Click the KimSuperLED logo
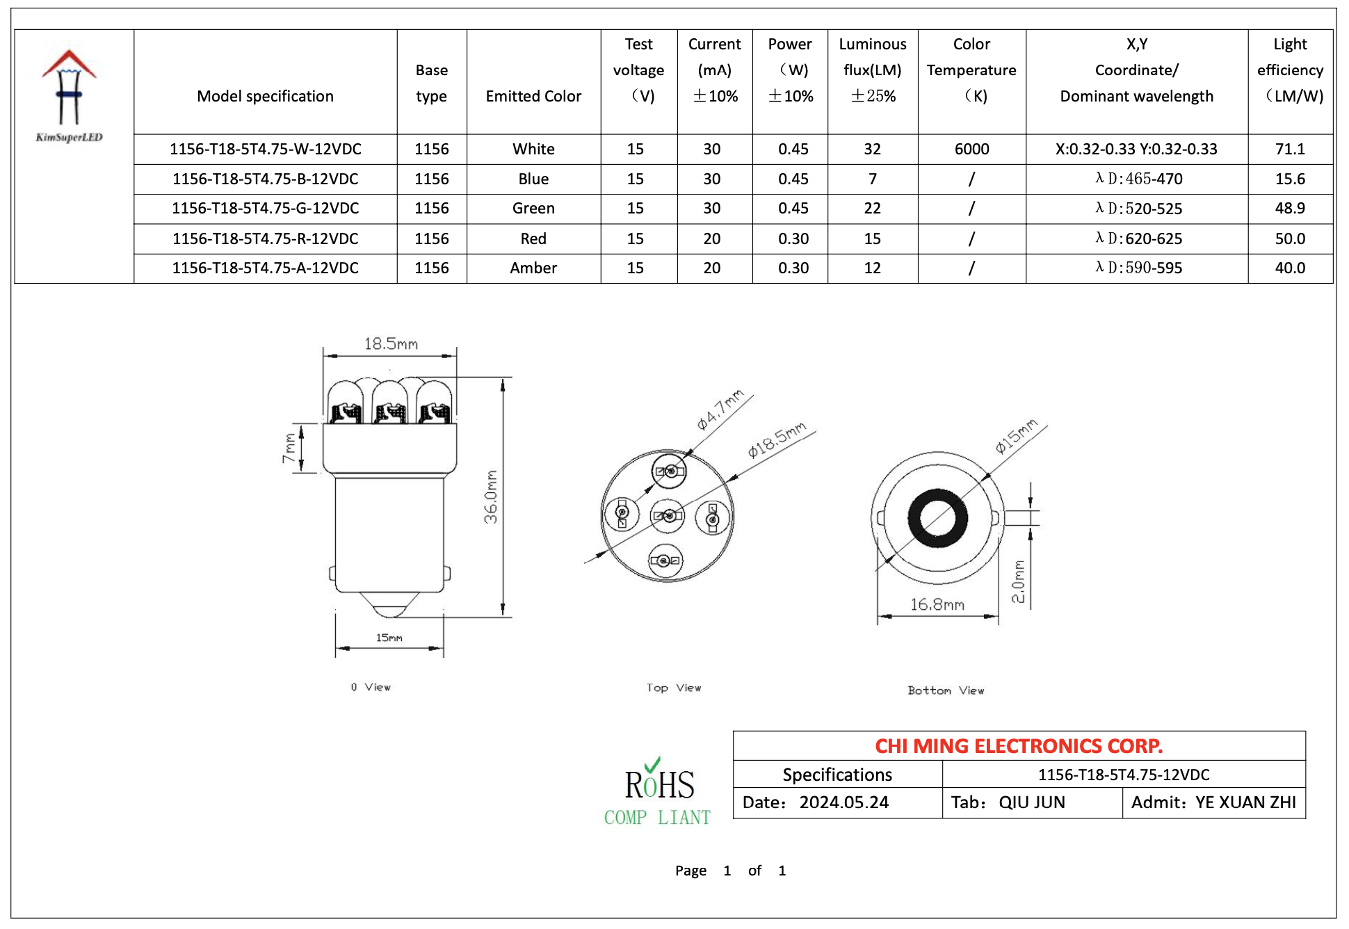point(69,95)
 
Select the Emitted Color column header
point(533,96)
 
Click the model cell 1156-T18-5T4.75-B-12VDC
point(265,179)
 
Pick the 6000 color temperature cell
point(971,149)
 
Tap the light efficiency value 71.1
point(1289,149)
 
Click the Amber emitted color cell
point(533,268)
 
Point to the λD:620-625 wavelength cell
point(1138,239)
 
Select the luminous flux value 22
point(872,209)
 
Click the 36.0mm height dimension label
point(491,496)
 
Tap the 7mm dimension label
point(289,449)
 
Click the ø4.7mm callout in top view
point(720,410)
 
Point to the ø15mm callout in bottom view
point(1016,436)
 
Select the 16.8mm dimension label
point(937,604)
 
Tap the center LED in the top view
point(668,515)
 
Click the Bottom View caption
point(946,690)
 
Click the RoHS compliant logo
point(658,793)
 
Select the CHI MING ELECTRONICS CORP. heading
point(1019,746)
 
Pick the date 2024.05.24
point(843,802)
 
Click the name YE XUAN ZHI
point(1245,802)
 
